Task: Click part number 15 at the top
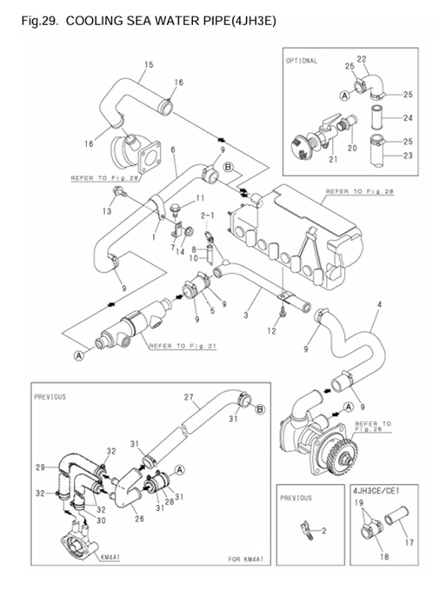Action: (x=148, y=64)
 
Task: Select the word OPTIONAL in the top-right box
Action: (x=302, y=62)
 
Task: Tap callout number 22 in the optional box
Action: (x=362, y=59)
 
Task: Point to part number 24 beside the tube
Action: (x=408, y=117)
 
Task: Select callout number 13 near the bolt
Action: (x=107, y=211)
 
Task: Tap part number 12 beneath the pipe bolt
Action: (x=273, y=330)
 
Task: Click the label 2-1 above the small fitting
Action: (x=208, y=214)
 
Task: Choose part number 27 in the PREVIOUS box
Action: (x=189, y=397)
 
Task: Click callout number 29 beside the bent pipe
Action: (x=39, y=467)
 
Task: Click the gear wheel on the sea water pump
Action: (x=336, y=453)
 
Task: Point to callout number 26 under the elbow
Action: (x=140, y=520)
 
